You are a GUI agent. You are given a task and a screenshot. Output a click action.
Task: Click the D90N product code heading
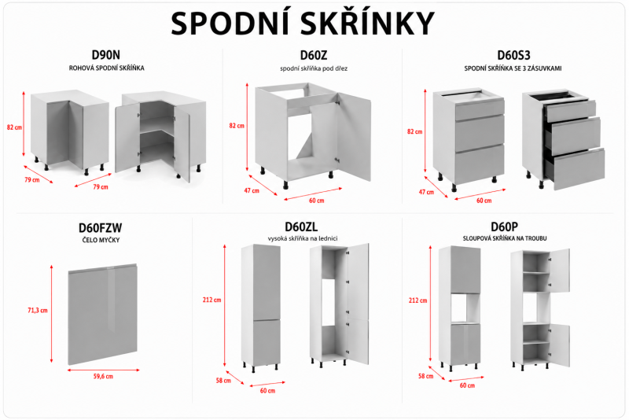tap(106, 54)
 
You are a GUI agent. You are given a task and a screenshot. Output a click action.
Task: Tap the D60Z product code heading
tap(314, 55)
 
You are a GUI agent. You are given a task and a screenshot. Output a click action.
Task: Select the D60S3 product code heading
tap(513, 55)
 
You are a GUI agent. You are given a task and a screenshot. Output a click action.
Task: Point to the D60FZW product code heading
tap(101, 228)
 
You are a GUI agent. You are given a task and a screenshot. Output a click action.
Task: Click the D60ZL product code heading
tap(301, 227)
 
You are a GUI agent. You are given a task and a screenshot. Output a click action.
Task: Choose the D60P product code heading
tap(504, 227)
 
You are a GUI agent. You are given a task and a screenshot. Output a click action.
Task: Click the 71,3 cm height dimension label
tap(38, 310)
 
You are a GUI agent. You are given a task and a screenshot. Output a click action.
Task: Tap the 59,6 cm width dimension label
tap(103, 376)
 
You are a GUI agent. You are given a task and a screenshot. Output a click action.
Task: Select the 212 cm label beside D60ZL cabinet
tap(212, 300)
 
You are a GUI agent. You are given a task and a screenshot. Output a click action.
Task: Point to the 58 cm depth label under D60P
tap(425, 376)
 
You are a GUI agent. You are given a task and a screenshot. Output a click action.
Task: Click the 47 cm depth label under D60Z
tap(252, 190)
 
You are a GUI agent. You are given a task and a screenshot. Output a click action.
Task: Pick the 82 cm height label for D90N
tap(14, 127)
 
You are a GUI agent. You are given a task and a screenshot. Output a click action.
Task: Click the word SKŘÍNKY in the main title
tap(367, 24)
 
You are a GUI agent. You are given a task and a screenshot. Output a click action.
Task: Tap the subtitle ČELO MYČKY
tap(101, 240)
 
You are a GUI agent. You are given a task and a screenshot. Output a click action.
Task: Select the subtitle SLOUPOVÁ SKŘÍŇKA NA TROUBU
tap(505, 238)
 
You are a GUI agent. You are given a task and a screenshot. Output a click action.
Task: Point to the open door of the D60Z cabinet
tap(353, 136)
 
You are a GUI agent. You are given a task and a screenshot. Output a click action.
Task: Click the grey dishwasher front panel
tap(103, 315)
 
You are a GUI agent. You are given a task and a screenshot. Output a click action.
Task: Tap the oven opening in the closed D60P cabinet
tap(465, 308)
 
